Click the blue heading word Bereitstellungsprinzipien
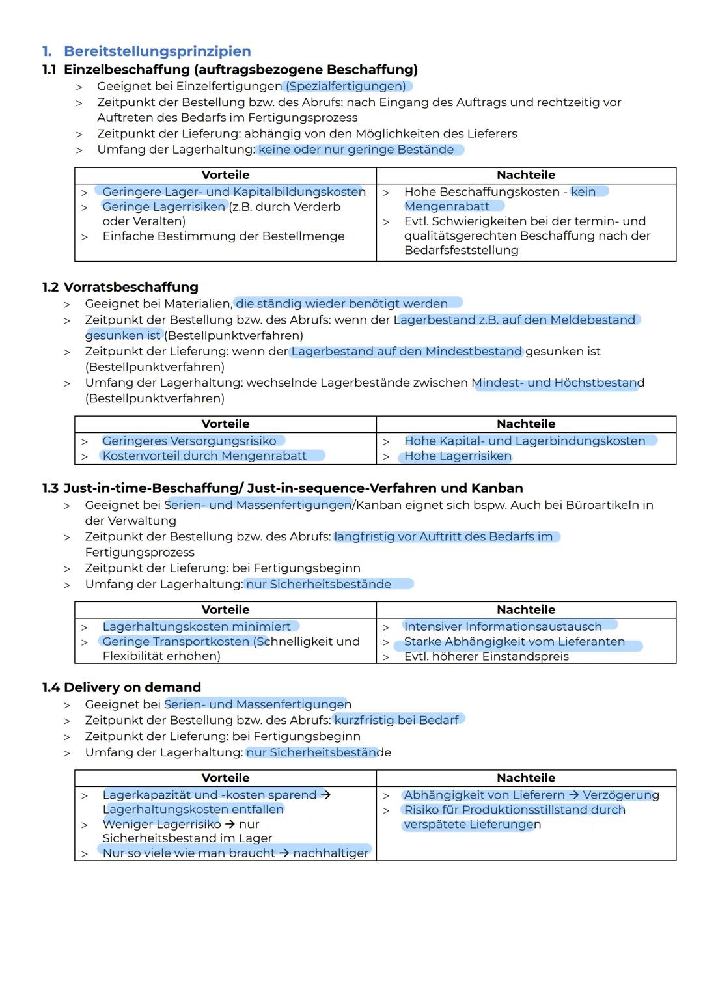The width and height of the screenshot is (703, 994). click(157, 51)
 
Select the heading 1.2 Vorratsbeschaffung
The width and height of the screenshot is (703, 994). click(120, 287)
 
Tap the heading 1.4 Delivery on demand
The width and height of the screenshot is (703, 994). click(122, 687)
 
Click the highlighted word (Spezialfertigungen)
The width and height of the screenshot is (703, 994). click(346, 86)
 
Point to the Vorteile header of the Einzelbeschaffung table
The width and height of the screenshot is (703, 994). click(225, 175)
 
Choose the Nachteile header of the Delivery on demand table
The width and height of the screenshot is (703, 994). click(526, 778)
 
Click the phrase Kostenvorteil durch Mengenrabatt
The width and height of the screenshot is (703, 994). click(204, 456)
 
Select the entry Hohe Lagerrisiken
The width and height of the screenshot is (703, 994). click(458, 456)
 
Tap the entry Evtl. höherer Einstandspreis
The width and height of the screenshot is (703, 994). click(486, 656)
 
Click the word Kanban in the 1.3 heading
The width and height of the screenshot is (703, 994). click(497, 488)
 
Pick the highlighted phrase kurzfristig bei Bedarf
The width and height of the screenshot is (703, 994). click(396, 720)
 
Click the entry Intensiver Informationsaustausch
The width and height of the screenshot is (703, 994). click(503, 626)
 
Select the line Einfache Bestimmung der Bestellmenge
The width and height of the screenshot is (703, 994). click(223, 236)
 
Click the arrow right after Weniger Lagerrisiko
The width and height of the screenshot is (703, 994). click(230, 824)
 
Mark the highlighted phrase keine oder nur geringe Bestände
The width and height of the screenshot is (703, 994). click(356, 150)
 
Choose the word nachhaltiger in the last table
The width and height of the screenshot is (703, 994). click(331, 853)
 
